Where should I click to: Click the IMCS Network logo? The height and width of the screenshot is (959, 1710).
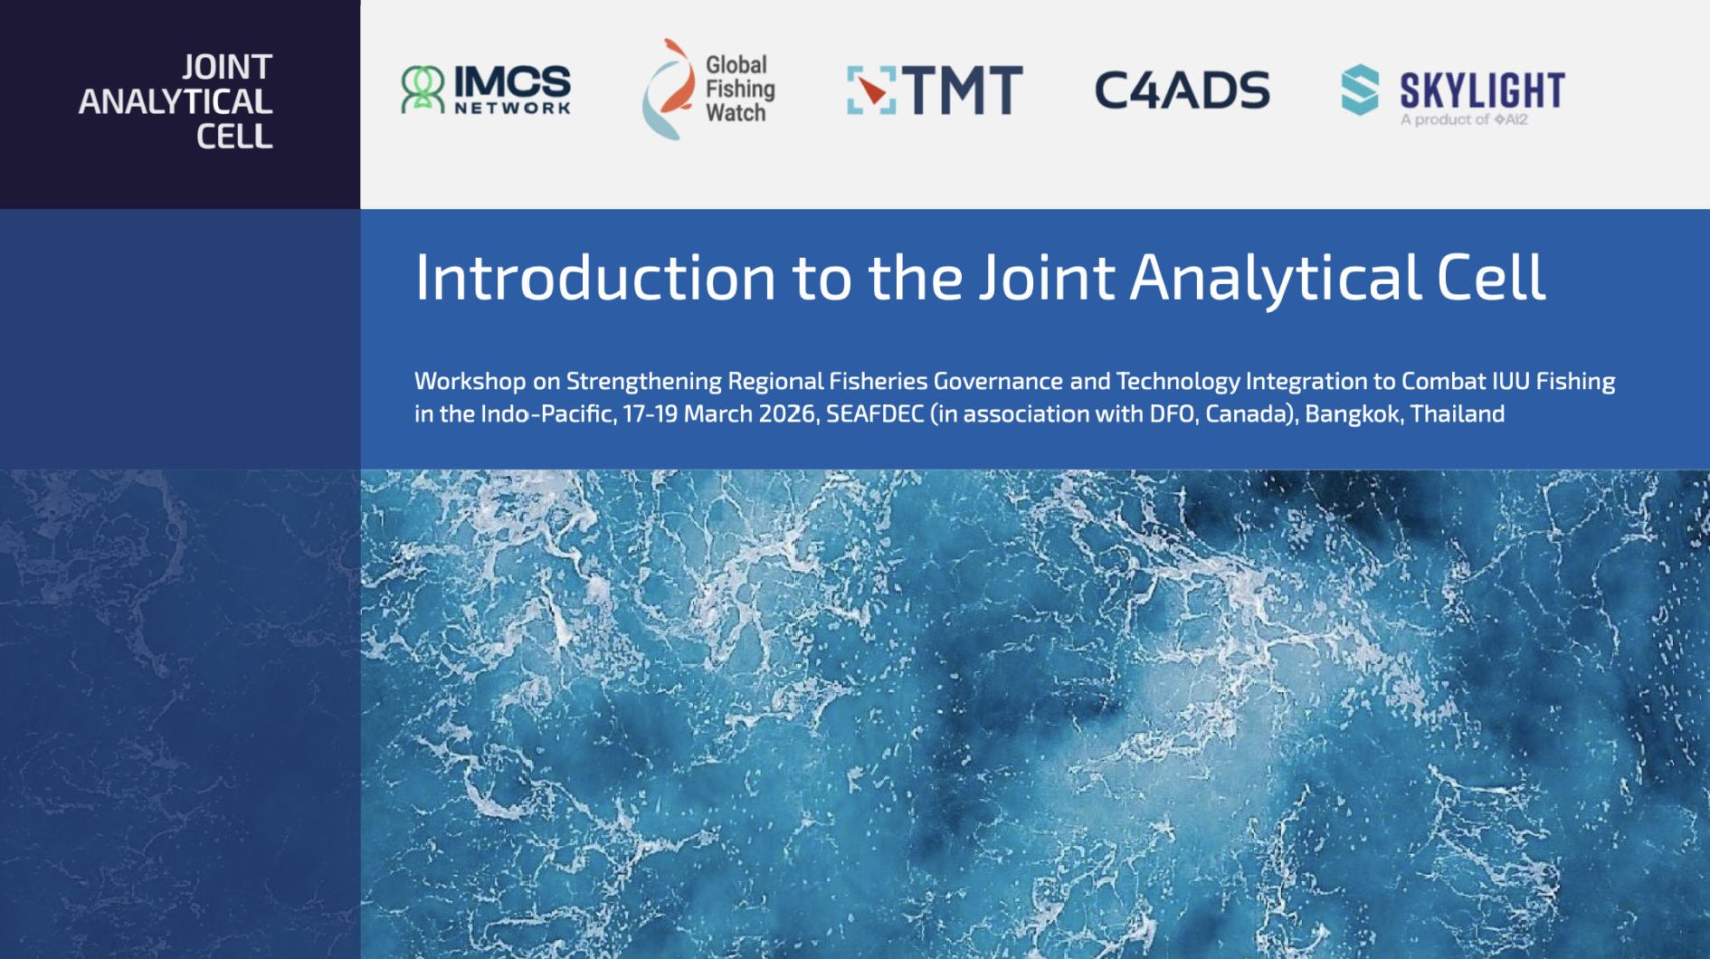click(486, 89)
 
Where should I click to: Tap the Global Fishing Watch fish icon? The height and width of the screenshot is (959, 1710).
click(668, 89)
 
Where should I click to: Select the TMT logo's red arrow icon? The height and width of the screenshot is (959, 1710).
click(871, 90)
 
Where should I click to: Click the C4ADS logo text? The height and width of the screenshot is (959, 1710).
click(1182, 90)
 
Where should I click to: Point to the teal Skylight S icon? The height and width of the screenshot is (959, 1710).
click(1360, 90)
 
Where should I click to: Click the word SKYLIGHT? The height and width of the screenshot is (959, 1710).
click(1482, 90)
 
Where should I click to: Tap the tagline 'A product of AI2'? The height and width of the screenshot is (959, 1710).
click(1464, 119)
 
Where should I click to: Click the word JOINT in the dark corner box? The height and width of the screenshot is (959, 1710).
click(227, 67)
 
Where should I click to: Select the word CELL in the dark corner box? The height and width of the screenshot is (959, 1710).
click(234, 136)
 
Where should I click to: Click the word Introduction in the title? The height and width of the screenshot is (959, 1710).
click(595, 277)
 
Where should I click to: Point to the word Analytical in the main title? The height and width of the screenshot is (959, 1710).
click(1276, 277)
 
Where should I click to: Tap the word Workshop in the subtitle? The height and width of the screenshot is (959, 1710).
click(470, 381)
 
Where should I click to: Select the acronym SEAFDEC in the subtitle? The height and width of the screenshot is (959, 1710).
click(875, 413)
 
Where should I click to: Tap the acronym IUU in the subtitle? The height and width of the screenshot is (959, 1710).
click(1508, 381)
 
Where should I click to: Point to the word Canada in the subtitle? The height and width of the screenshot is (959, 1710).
click(1250, 413)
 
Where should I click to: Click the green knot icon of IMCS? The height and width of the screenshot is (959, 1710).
click(423, 89)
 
